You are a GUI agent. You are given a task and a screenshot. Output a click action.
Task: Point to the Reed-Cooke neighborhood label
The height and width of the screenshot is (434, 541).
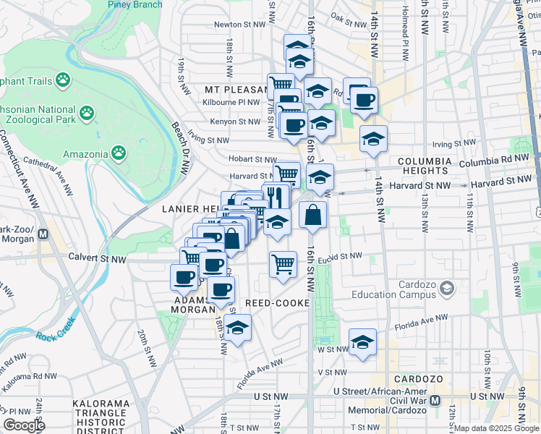point(276,302)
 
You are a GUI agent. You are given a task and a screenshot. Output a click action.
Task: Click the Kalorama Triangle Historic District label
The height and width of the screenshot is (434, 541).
point(101,417)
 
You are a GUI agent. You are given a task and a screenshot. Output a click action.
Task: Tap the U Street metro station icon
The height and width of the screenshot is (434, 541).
point(435,400)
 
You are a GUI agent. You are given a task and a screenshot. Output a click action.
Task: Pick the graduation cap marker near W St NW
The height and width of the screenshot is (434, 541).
point(362,341)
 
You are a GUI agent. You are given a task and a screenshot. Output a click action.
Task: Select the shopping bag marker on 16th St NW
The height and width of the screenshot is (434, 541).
point(312,215)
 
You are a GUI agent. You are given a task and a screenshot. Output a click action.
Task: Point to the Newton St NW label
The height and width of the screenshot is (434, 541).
point(237,24)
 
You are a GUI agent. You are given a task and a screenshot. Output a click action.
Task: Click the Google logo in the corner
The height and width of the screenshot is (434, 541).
point(24,425)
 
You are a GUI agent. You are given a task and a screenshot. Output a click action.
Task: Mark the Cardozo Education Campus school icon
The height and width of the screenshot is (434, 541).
point(447,289)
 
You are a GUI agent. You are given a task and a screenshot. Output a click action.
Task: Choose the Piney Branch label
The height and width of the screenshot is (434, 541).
point(135,4)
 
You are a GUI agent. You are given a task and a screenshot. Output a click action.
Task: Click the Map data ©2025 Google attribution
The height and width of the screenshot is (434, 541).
point(496,428)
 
